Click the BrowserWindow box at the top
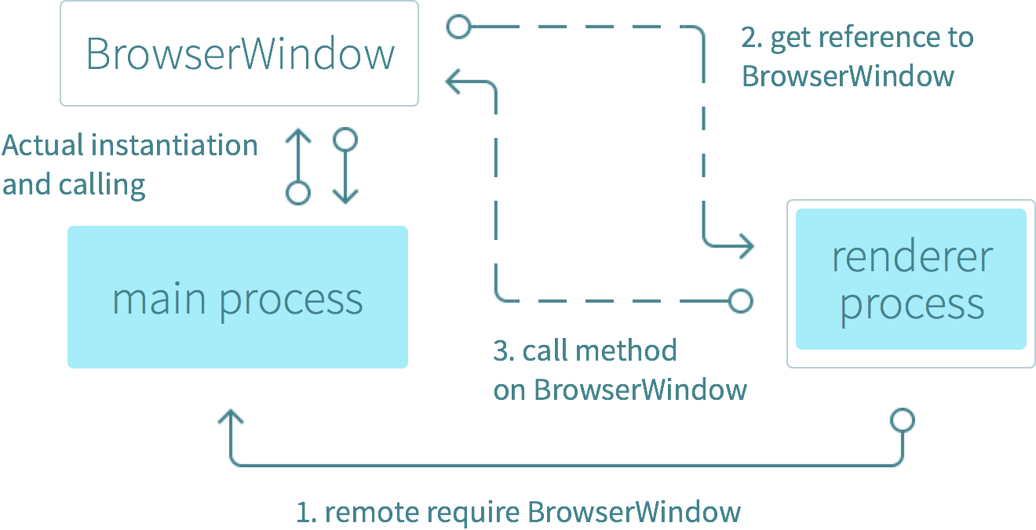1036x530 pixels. (239, 53)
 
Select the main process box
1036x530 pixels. (238, 297)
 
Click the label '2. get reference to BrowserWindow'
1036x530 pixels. (856, 56)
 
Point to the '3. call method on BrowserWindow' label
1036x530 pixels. (619, 369)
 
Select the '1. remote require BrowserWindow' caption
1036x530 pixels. (518, 512)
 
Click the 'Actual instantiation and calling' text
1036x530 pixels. (129, 165)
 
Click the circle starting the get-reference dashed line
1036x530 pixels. (458, 28)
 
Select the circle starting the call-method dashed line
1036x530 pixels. (740, 299)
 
